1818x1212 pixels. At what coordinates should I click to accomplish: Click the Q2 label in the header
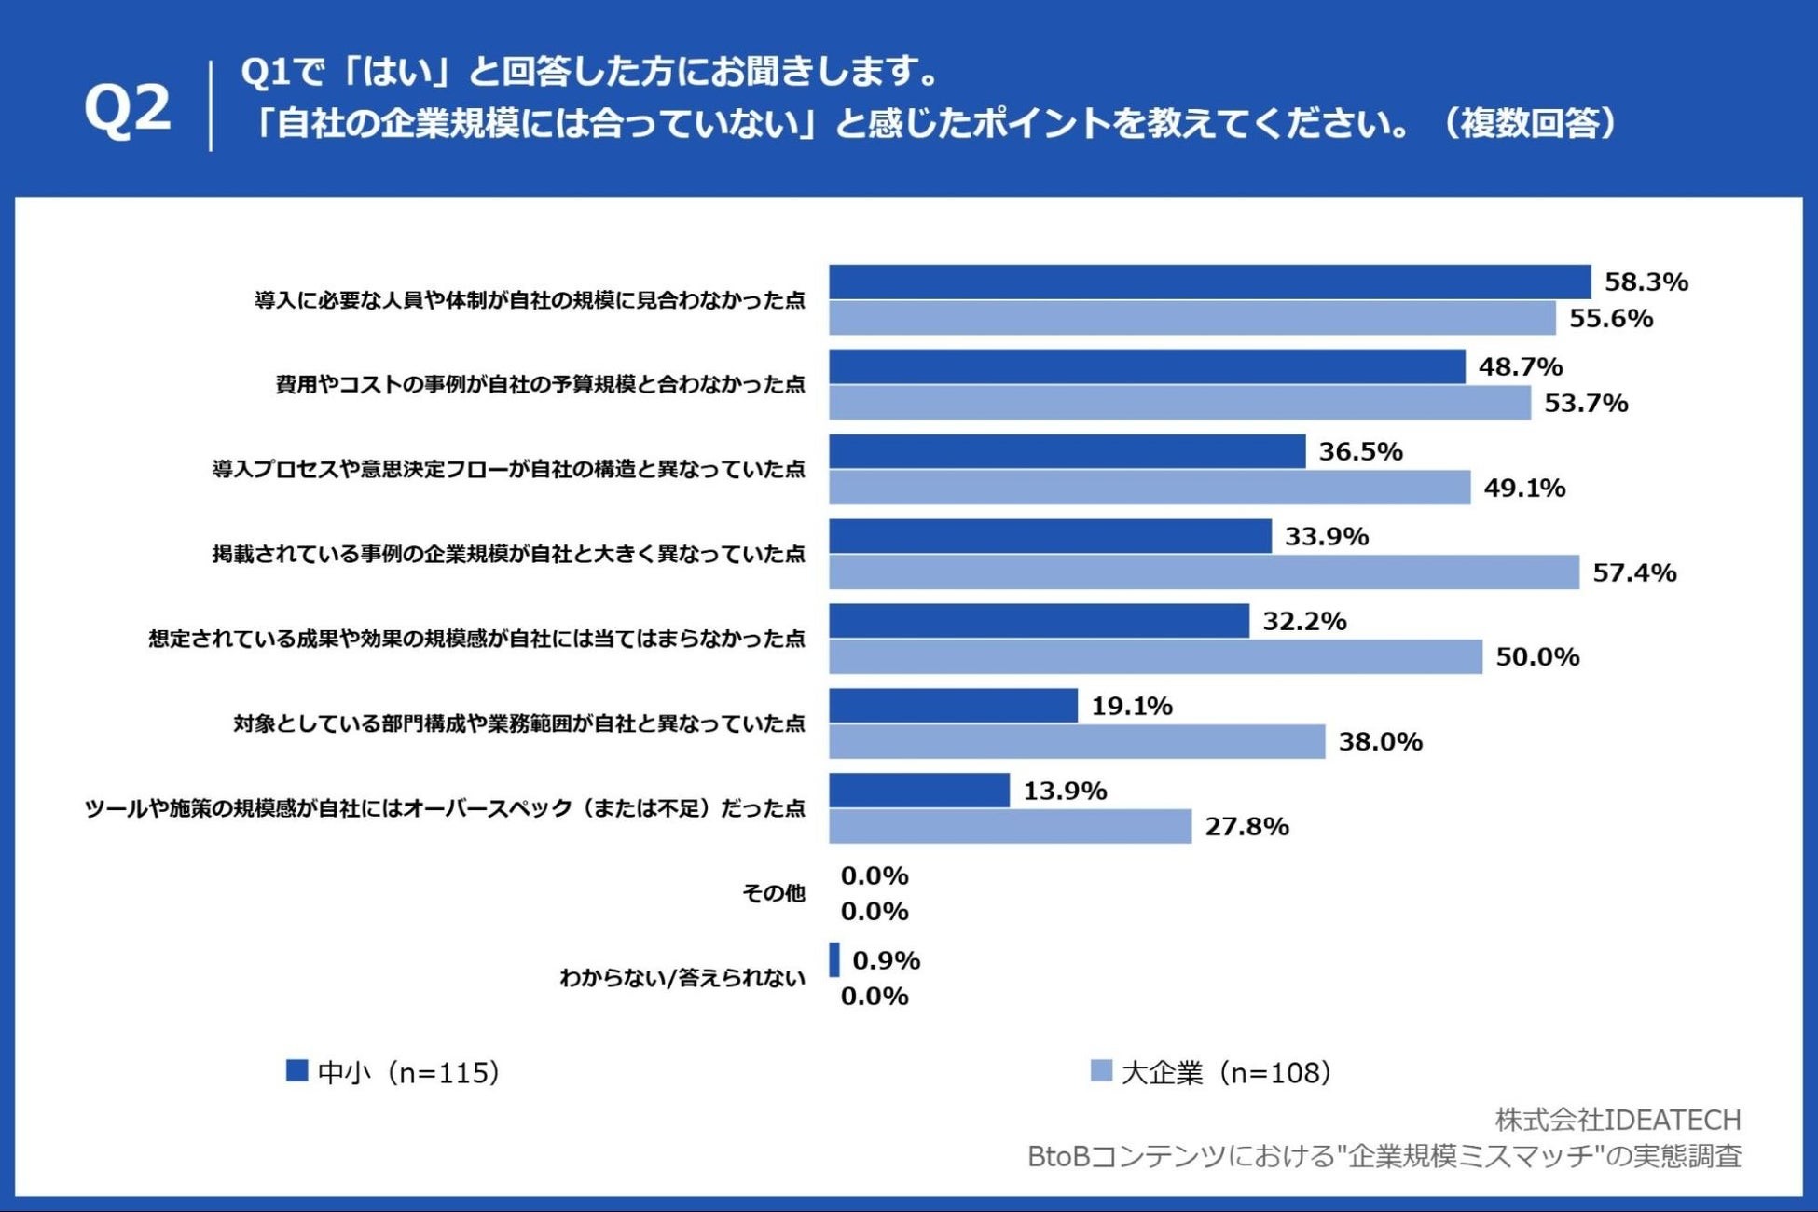pyautogui.click(x=128, y=108)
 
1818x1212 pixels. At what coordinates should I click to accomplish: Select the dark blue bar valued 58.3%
pyautogui.click(x=1209, y=282)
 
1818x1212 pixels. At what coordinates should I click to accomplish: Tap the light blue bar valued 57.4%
pyautogui.click(x=1204, y=572)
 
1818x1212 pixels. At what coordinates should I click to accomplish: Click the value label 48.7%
pyautogui.click(x=1520, y=366)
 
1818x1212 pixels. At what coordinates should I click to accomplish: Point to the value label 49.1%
pyautogui.click(x=1524, y=488)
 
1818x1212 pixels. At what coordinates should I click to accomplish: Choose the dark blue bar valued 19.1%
pyautogui.click(x=953, y=706)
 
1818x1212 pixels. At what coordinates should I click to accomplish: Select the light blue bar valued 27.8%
pyautogui.click(x=1010, y=827)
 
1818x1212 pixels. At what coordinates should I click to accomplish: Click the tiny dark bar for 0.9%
pyautogui.click(x=834, y=960)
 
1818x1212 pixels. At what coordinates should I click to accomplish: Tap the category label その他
pyautogui.click(x=773, y=893)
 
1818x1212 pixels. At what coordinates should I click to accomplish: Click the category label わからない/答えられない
pyautogui.click(x=682, y=978)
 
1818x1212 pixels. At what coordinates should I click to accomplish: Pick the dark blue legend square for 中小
pyautogui.click(x=296, y=1071)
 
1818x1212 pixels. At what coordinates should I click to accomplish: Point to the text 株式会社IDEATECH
pyautogui.click(x=1618, y=1119)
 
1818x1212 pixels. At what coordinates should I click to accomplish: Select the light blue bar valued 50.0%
pyautogui.click(x=1155, y=657)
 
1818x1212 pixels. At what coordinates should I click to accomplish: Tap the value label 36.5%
pyautogui.click(x=1360, y=451)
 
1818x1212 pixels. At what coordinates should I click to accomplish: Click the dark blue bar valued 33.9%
pyautogui.click(x=1050, y=536)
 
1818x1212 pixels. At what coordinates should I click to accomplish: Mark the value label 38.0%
pyautogui.click(x=1380, y=742)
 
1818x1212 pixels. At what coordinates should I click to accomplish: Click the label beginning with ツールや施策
pyautogui.click(x=445, y=808)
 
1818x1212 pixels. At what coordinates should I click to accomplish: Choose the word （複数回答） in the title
pyautogui.click(x=1529, y=123)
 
